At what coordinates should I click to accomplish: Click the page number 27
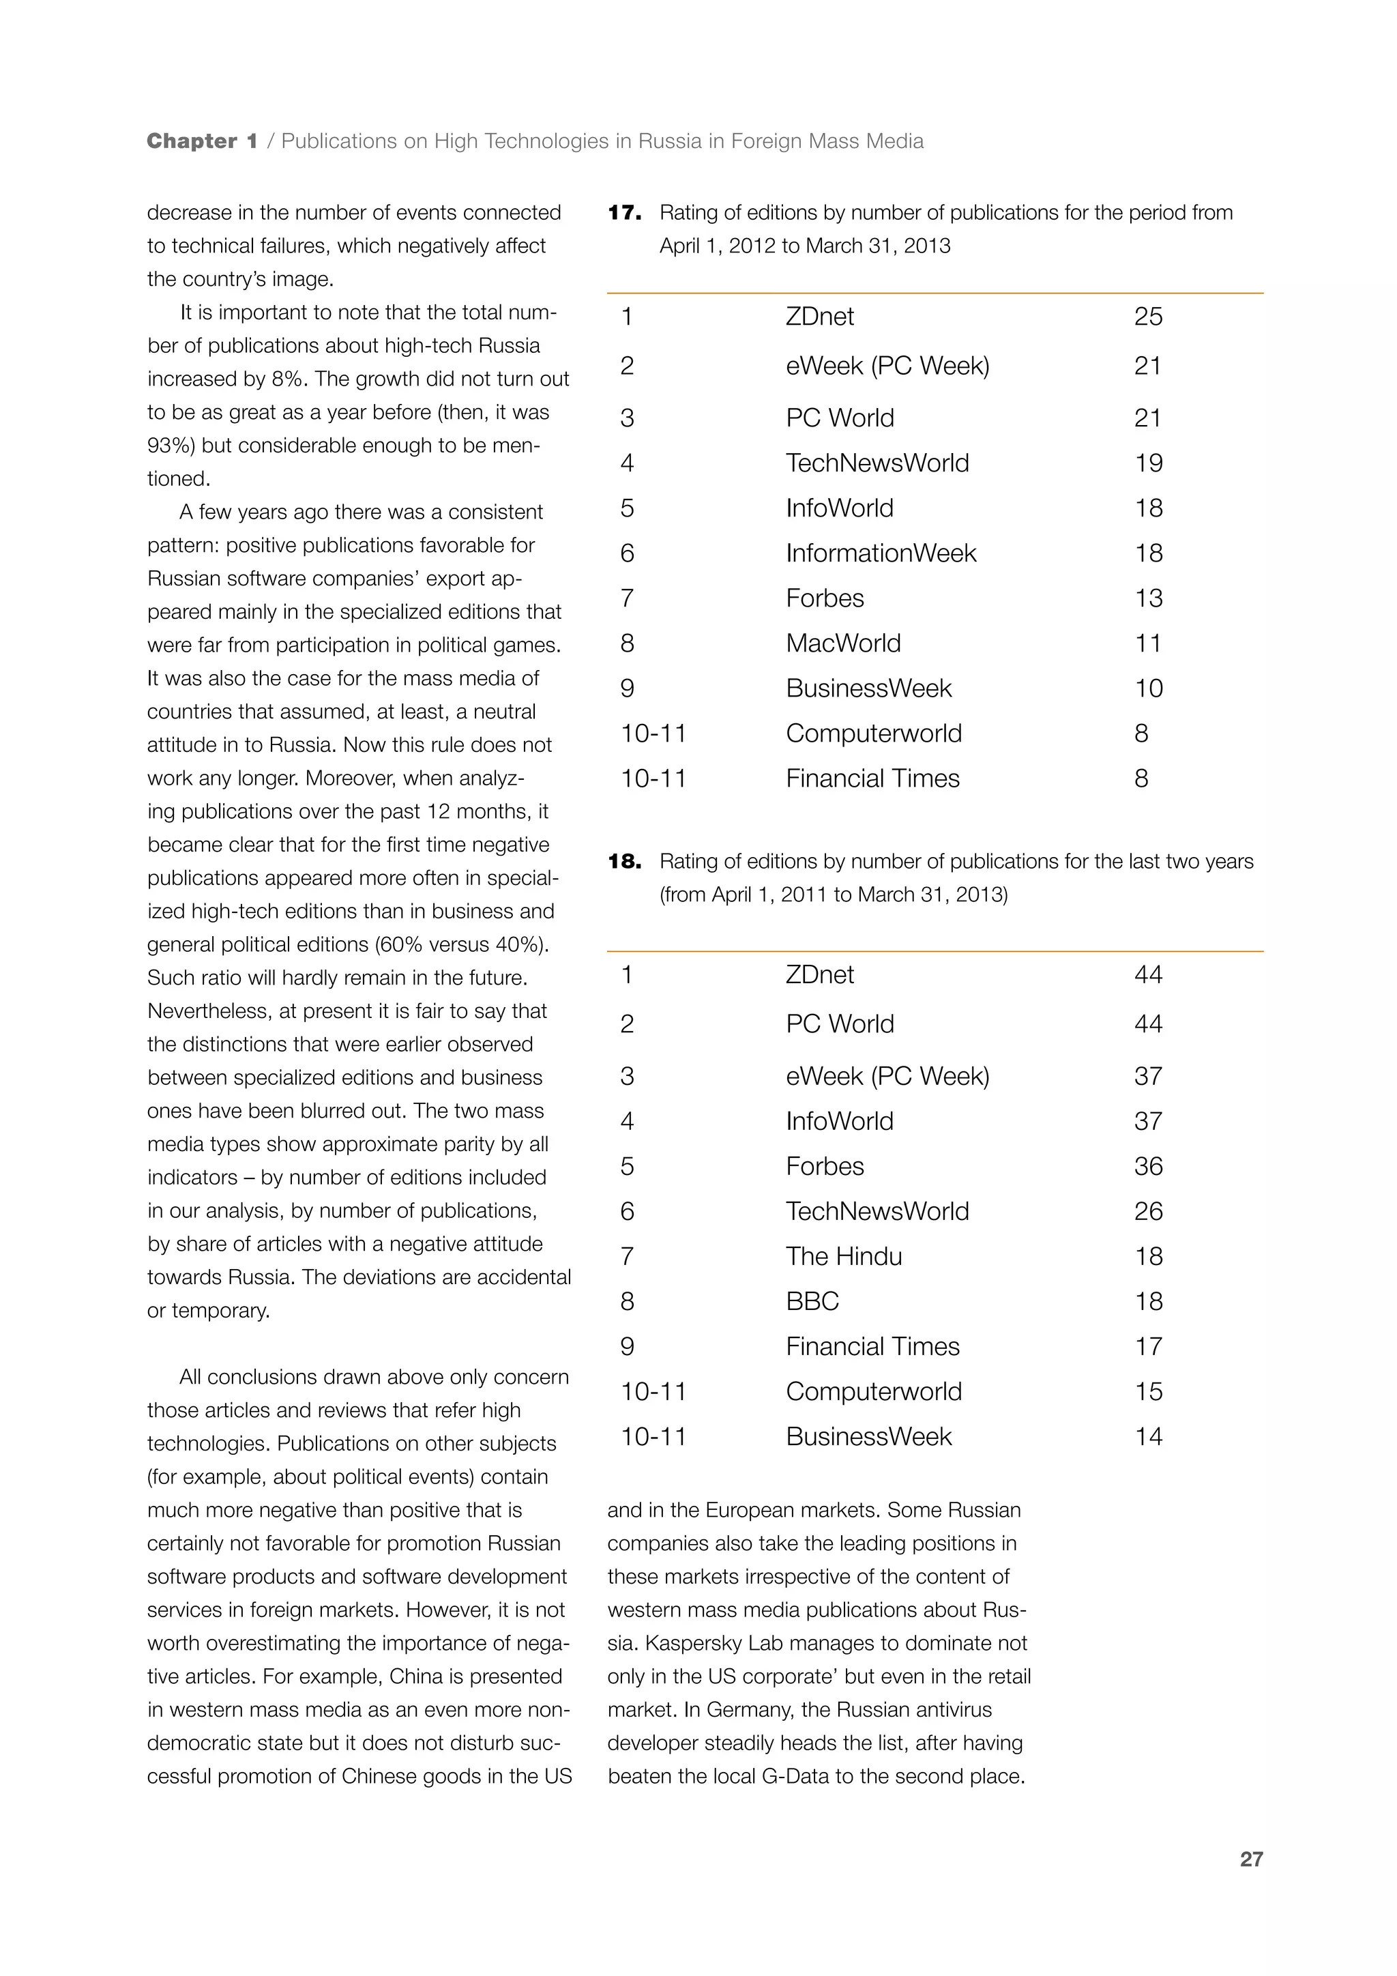click(x=1251, y=1859)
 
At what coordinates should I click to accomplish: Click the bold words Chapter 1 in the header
click(x=202, y=141)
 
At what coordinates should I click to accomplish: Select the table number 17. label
click(x=625, y=213)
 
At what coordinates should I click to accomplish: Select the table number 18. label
click(x=625, y=862)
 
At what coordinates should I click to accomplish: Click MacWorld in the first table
click(x=843, y=643)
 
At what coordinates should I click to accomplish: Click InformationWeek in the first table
click(x=881, y=553)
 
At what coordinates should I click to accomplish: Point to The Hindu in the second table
click(x=844, y=1257)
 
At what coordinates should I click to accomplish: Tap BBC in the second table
click(x=812, y=1301)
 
